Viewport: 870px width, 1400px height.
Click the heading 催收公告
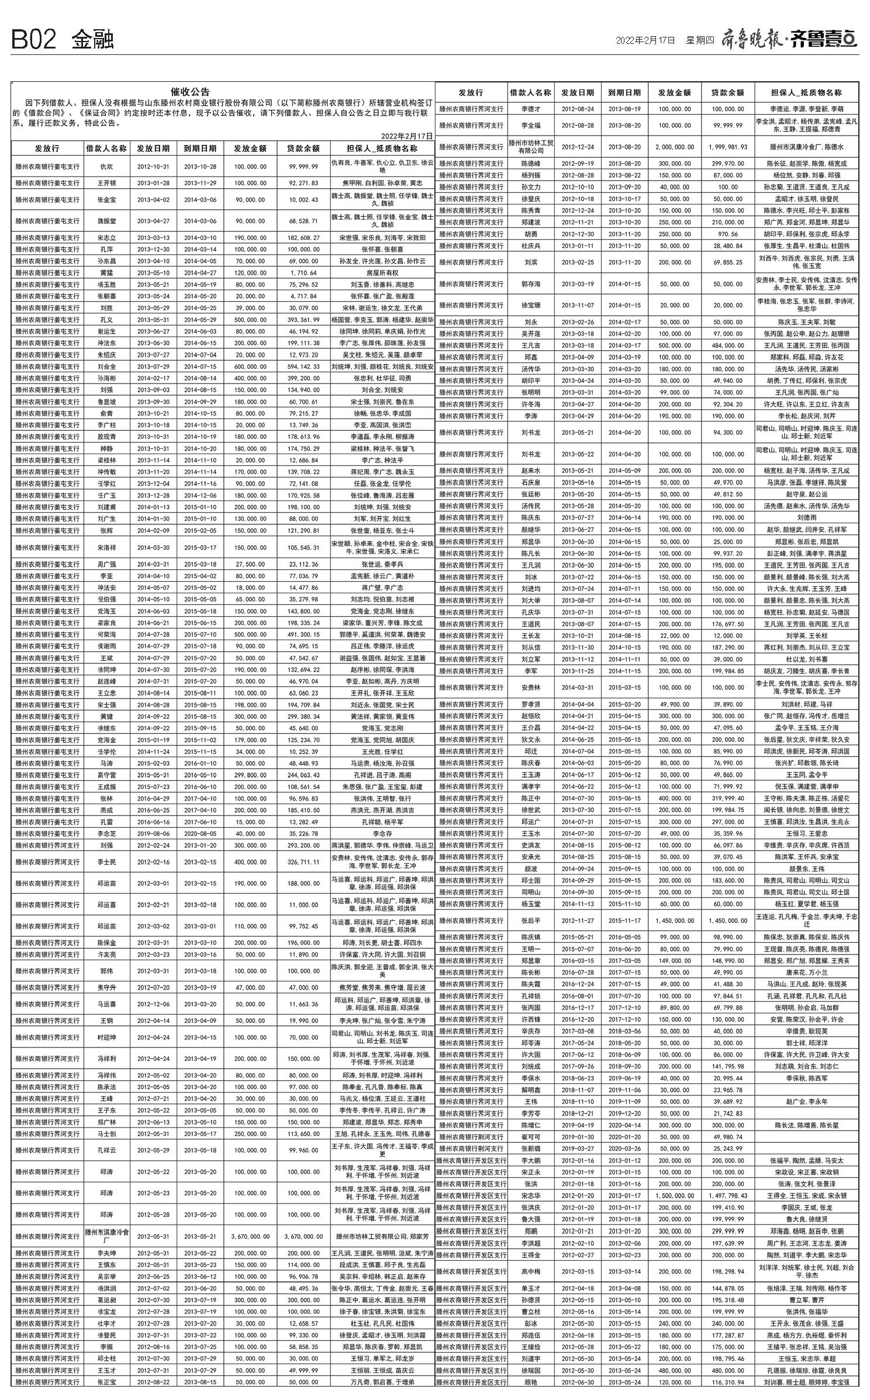[189, 92]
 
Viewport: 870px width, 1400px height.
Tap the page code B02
[34, 40]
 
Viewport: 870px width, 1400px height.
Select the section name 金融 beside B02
[92, 40]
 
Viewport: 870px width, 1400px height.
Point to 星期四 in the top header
[700, 40]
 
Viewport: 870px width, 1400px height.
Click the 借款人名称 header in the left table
[106, 148]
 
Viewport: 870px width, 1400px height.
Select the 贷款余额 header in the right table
[727, 92]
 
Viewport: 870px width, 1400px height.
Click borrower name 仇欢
[106, 167]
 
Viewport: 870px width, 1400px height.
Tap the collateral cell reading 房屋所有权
[382, 272]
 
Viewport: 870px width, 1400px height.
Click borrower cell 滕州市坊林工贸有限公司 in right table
[530, 147]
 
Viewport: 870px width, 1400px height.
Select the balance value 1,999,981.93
[727, 147]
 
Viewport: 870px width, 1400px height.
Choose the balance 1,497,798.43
[727, 1195]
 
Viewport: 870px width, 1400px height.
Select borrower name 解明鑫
[530, 1090]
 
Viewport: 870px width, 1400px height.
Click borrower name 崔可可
[530, 1136]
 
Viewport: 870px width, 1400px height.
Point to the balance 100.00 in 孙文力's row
[728, 187]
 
